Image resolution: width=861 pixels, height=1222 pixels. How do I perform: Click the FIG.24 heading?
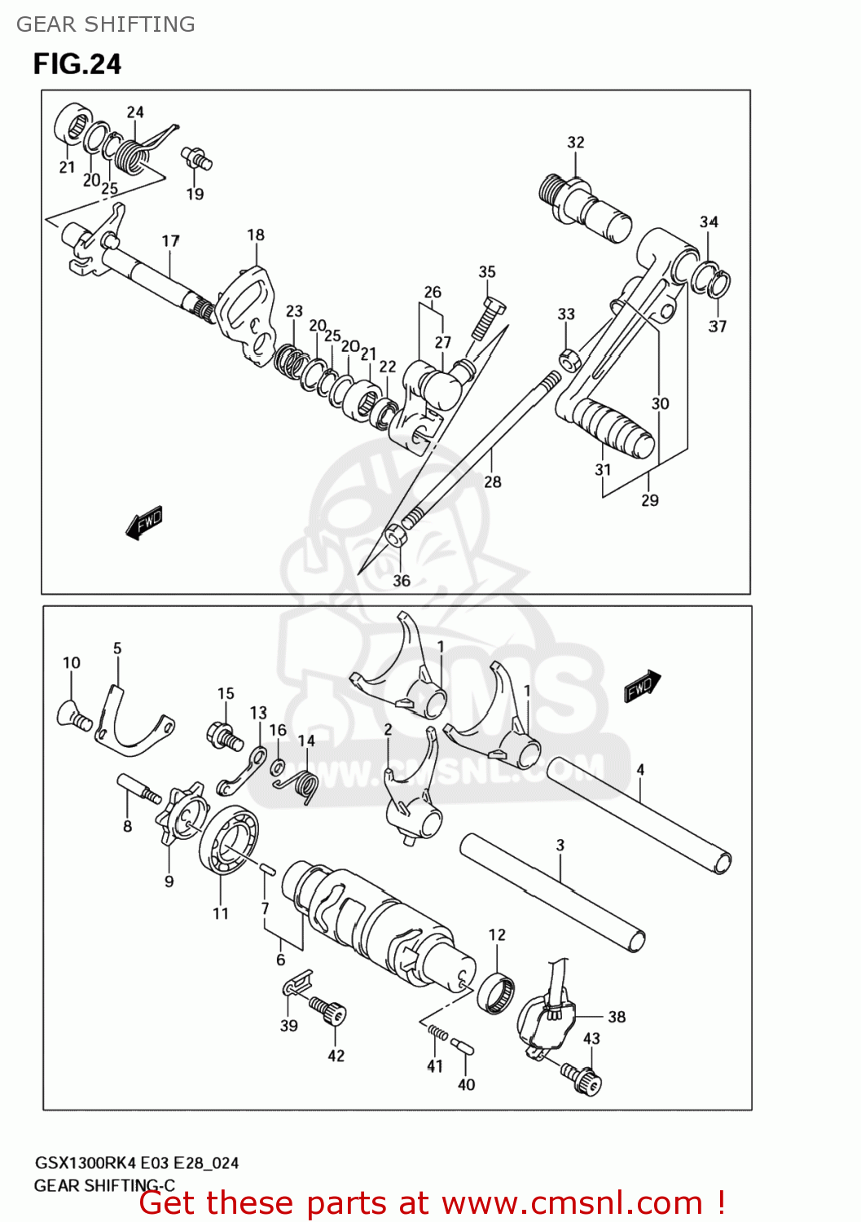pos(77,64)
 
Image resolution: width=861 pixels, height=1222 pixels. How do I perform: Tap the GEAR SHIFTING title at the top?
pos(106,24)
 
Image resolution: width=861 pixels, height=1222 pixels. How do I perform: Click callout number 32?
pos(576,142)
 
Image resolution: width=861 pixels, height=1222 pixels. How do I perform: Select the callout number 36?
pos(402,581)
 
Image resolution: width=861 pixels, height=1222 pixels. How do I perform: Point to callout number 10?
pos(72,662)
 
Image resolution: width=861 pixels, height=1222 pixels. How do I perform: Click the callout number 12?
pos(497,934)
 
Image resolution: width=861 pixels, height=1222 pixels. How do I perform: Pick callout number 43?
pos(591,1038)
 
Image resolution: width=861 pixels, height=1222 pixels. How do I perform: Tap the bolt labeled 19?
pos(196,158)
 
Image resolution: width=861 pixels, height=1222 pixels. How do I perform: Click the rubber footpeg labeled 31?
pos(619,428)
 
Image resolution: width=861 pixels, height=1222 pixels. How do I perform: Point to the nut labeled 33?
pos(569,358)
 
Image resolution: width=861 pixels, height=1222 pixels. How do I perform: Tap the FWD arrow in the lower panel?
pos(642,686)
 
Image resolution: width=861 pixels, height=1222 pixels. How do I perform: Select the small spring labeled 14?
pos(300,787)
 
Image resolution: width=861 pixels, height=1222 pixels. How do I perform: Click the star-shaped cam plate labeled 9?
pos(182,815)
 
